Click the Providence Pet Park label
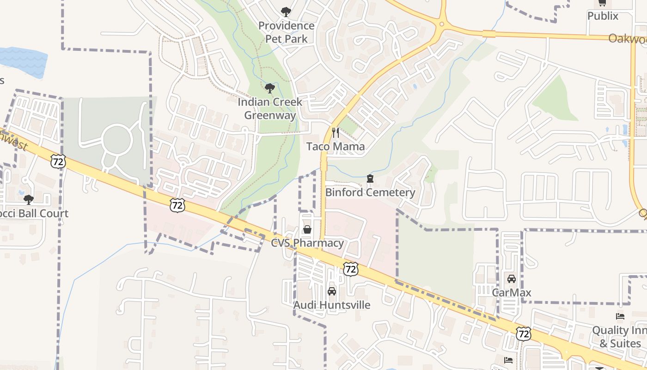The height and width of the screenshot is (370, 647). point(286,32)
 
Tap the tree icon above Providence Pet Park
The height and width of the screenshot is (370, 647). point(286,12)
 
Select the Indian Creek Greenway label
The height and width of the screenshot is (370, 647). point(270,109)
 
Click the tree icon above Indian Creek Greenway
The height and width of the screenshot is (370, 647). point(270,88)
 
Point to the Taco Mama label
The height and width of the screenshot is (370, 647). point(336,147)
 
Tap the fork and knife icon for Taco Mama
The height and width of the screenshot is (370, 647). point(336,133)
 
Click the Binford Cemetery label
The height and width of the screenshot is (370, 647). point(370,192)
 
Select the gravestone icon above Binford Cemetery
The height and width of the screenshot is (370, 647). point(370,179)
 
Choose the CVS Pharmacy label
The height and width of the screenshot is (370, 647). point(307,243)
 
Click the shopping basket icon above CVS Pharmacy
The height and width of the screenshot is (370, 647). point(307,229)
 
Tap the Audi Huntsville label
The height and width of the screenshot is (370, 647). point(332,305)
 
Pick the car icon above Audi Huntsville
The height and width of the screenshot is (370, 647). point(332,291)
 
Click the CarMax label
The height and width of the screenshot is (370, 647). point(511,293)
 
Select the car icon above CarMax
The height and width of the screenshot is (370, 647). point(511,279)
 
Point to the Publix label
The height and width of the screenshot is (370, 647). point(603,16)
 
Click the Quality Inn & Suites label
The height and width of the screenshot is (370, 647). point(620,337)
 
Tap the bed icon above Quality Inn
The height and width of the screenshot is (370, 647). point(620,316)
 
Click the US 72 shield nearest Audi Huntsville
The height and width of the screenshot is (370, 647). point(351,268)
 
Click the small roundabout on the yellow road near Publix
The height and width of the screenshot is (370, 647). point(442,24)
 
